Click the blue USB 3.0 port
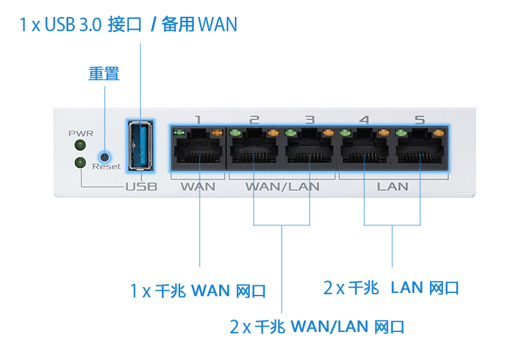[140, 146]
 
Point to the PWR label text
[81, 133]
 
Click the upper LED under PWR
[80, 145]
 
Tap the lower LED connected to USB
[80, 163]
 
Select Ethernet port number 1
[198, 148]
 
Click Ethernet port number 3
[310, 148]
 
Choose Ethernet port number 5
[420, 148]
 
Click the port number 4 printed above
[364, 120]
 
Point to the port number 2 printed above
[254, 120]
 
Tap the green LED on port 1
[179, 132]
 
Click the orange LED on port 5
[438, 132]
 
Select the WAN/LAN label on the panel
[282, 186]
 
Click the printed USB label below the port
[142, 186]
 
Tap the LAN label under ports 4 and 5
[393, 186]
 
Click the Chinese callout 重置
[104, 74]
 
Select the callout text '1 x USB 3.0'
[60, 24]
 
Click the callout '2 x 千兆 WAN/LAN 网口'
[317, 327]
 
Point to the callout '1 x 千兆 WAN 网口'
[198, 290]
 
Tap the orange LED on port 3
[328, 132]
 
